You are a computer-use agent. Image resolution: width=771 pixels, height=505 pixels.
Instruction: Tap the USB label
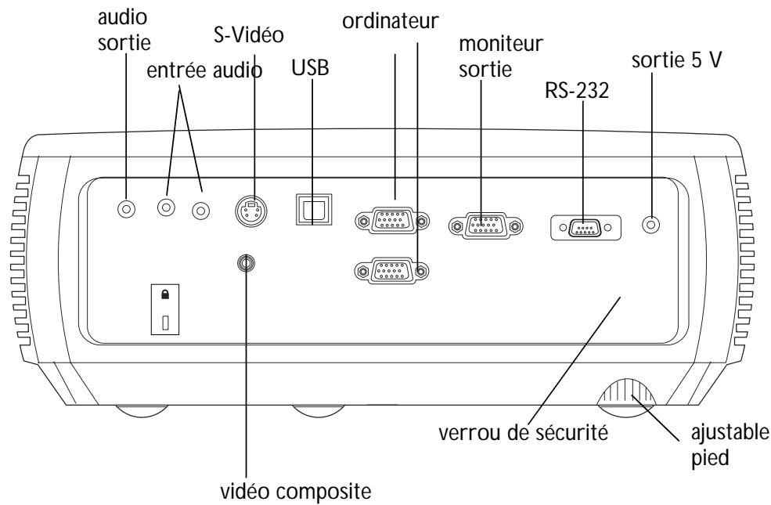[x=311, y=68]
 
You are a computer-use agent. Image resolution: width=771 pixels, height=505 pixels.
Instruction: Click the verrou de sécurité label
[x=515, y=431]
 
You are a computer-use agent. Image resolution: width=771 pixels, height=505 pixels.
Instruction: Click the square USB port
[x=311, y=211]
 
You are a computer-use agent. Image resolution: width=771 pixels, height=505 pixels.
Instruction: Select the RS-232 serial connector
[x=584, y=228]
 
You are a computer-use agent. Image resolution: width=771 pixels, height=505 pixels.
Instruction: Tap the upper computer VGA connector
[x=392, y=222]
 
